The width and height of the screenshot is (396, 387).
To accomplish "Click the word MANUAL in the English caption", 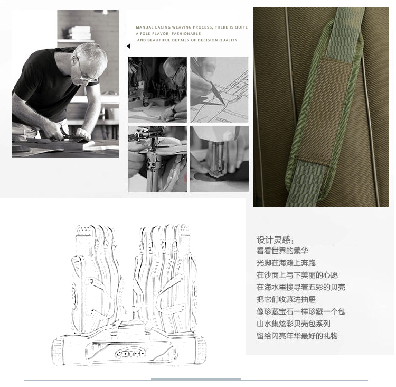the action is point(145,27).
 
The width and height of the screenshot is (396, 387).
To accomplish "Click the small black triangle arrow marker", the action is point(128,47).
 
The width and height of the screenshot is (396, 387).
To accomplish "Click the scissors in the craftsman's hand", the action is point(68,133).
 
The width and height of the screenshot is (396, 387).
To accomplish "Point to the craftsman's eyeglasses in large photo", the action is point(86,73).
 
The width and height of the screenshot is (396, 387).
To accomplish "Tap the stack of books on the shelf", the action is point(79,33).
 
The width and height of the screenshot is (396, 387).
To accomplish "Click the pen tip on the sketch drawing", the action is point(223,103).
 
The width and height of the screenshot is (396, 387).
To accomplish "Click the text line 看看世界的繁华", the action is point(282,251).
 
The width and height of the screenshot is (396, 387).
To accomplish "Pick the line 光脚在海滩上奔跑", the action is point(286,263).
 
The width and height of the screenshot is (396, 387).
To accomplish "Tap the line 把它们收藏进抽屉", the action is point(286,299).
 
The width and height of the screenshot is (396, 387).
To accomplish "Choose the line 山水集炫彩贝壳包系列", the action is point(294,324).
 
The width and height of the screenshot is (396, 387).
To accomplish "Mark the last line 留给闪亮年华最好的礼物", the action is point(297,336).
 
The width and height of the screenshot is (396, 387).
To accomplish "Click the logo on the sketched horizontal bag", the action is point(131,353).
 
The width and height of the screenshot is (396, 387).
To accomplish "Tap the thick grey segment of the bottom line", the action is point(196,379).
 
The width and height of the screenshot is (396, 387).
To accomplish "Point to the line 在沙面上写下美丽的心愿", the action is point(297,275).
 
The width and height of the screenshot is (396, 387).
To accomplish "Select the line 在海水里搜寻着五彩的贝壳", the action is point(301,287).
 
